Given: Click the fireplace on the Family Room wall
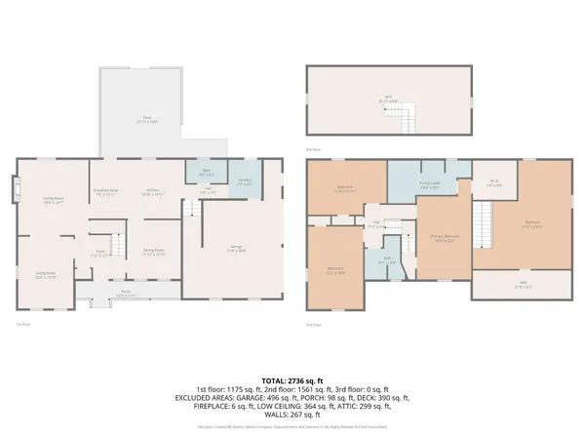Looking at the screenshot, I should (14, 188).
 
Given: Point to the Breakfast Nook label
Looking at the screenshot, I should (104, 191).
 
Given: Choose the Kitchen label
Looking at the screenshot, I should (153, 191).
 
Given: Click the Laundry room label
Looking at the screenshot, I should (246, 182).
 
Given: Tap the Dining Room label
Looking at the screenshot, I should (154, 252).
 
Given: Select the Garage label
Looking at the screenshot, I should (236, 251).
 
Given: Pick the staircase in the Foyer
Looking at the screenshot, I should (118, 245).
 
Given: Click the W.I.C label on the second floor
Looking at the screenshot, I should (494, 182).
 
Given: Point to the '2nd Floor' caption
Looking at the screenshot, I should (314, 323).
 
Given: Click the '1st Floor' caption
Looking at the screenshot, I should (20, 323).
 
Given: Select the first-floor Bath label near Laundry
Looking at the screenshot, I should (207, 174).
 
